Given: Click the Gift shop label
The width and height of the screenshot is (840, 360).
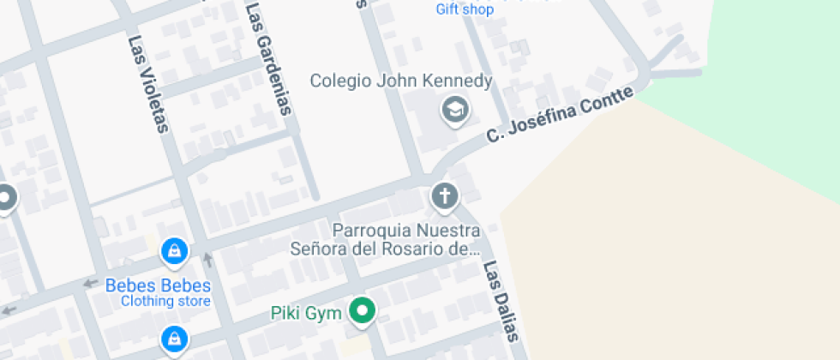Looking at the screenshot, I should pos(465,10).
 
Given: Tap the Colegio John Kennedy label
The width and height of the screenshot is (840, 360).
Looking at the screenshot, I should pos(401,81).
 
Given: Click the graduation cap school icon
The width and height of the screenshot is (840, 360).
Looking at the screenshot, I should pos(455,110).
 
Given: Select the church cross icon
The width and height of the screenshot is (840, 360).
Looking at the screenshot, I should pos(444,197).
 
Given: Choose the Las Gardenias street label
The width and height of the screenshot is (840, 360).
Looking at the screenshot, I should pos(268,58).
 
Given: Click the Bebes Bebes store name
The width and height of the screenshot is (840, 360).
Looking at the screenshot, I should pos(158,285).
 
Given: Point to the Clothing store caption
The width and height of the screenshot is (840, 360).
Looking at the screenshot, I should pos(165,302).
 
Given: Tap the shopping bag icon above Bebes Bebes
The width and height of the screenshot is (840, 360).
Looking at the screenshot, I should pos(174,251).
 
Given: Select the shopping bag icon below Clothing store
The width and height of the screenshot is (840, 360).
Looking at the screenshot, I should pos(174,339).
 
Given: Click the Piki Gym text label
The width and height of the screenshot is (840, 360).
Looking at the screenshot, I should pos(306,313).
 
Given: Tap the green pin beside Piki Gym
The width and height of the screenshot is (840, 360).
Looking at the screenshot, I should pos(363,311).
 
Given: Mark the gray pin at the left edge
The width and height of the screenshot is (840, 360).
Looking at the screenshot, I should pos(5,199).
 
